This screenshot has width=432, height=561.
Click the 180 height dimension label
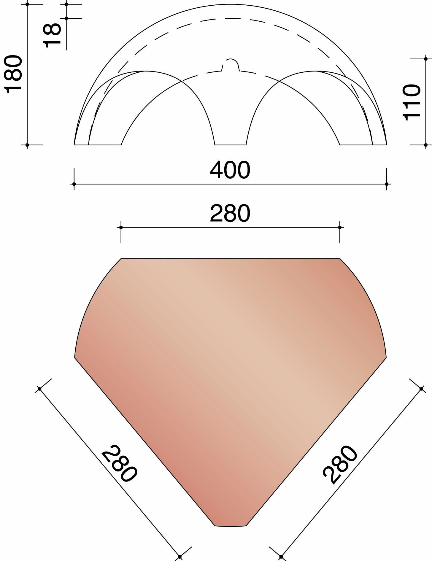coord(14,74)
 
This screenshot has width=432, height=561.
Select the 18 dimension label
coord(52,36)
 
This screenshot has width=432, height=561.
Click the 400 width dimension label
coord(230,170)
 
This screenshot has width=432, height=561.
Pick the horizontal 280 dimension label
coord(230,213)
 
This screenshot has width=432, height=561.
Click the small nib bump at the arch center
coord(231,63)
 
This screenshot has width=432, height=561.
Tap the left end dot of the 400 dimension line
coord(74,184)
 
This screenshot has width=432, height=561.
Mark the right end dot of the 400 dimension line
coord(387,184)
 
